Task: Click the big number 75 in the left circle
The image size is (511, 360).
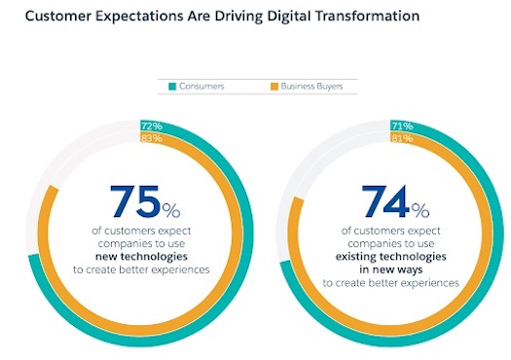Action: pos(134,203)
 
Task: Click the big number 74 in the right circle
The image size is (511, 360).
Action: pos(385,202)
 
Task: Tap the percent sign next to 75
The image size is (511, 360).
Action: pos(171,210)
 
